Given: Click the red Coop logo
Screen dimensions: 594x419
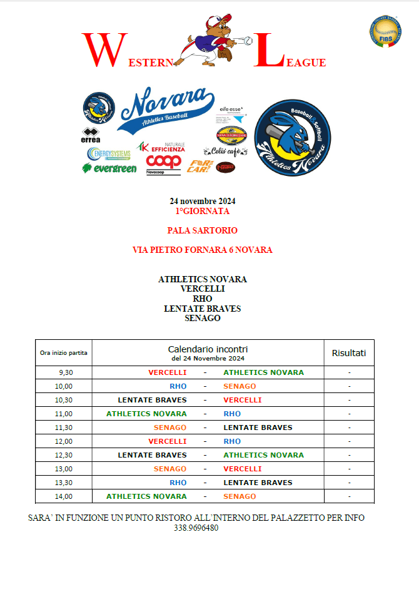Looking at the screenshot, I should [x=163, y=162].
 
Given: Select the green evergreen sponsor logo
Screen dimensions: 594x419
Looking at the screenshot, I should [x=109, y=168].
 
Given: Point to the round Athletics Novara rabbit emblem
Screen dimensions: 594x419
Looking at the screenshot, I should [x=293, y=137].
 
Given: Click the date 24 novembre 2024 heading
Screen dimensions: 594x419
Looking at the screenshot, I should [x=203, y=201].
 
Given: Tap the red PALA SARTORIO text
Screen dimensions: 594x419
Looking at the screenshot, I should [x=203, y=230].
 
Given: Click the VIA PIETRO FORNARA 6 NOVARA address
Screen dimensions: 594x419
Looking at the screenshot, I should [x=203, y=250].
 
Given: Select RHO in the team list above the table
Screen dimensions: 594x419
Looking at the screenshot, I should [x=203, y=299].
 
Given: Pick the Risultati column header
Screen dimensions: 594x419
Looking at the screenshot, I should [x=348, y=353].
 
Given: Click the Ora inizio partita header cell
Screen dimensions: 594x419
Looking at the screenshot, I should [x=64, y=353].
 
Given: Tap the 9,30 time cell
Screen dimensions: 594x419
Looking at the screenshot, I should [x=64, y=372].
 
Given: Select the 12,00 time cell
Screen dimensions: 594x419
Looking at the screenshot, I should [x=64, y=441].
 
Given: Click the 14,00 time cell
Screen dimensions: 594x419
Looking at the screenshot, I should [x=64, y=496].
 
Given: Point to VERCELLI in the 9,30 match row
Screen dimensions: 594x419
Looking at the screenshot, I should [x=167, y=372].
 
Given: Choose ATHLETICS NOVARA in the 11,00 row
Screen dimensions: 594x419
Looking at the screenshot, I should [x=146, y=414].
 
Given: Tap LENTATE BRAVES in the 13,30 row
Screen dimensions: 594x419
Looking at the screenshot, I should [x=258, y=483].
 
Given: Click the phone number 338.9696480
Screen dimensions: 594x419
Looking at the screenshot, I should [x=196, y=528].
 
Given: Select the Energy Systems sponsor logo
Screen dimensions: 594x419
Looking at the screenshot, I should [x=109, y=154].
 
